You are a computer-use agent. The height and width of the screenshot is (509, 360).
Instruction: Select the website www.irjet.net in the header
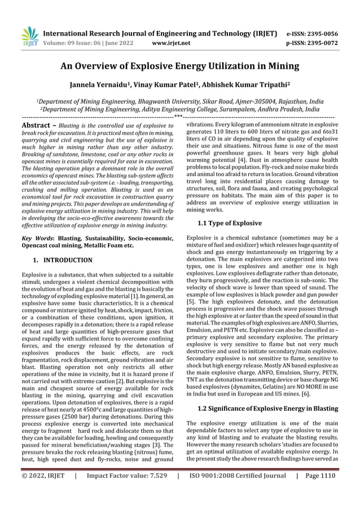(171, 42)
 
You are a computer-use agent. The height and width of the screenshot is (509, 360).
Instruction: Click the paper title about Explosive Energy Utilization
(180, 66)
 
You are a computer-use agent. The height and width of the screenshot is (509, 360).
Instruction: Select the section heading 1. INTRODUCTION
(62, 260)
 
